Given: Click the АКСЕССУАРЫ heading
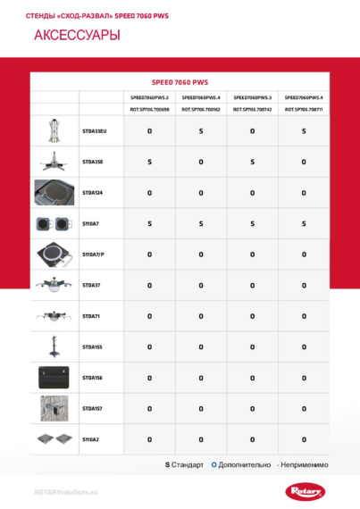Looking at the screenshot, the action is [76, 37].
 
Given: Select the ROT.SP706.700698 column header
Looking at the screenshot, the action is [149, 109].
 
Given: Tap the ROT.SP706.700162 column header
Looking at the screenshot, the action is [200, 109].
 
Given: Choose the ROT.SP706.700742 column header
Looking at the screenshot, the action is [252, 109].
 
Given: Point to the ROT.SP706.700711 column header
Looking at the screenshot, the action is [304, 109].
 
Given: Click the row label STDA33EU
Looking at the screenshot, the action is [94, 131].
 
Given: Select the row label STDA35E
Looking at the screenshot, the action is [93, 162].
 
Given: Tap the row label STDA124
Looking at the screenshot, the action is [93, 192].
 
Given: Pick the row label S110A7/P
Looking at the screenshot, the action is [94, 254].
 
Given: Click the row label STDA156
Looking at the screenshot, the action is [93, 378].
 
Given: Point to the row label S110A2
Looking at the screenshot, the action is [91, 439].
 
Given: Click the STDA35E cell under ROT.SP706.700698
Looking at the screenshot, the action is [149, 162].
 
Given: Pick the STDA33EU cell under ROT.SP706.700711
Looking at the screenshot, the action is [304, 131].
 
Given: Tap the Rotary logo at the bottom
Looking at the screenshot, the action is [306, 490].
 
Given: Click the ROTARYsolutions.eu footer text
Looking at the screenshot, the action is [65, 491].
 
